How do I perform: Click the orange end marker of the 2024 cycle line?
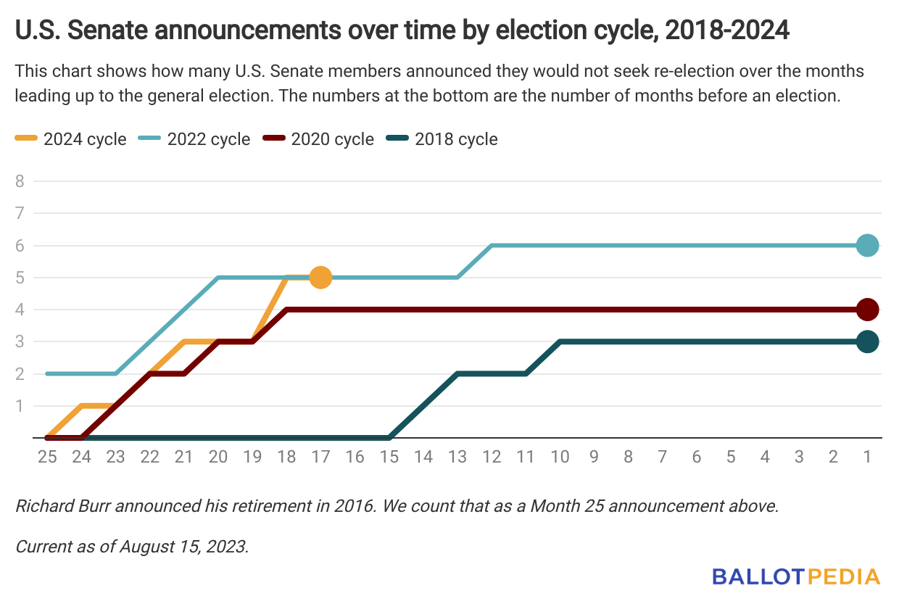coord(320,278)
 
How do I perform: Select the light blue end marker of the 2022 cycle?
coord(867,246)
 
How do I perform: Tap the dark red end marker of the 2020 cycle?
coord(867,310)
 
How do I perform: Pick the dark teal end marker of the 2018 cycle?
coord(867,341)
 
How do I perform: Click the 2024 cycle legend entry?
coord(71,139)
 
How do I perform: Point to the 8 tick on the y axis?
coord(20,181)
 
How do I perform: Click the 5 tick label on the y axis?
coord(20,278)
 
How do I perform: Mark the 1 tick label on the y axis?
coord(20,406)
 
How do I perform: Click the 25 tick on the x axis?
coord(47,457)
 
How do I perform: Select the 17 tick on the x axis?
coord(320,457)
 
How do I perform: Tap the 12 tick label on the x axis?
coord(492,457)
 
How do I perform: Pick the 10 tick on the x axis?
coord(560,457)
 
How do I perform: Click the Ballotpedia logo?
coord(796,577)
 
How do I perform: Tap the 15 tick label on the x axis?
coord(389,457)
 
